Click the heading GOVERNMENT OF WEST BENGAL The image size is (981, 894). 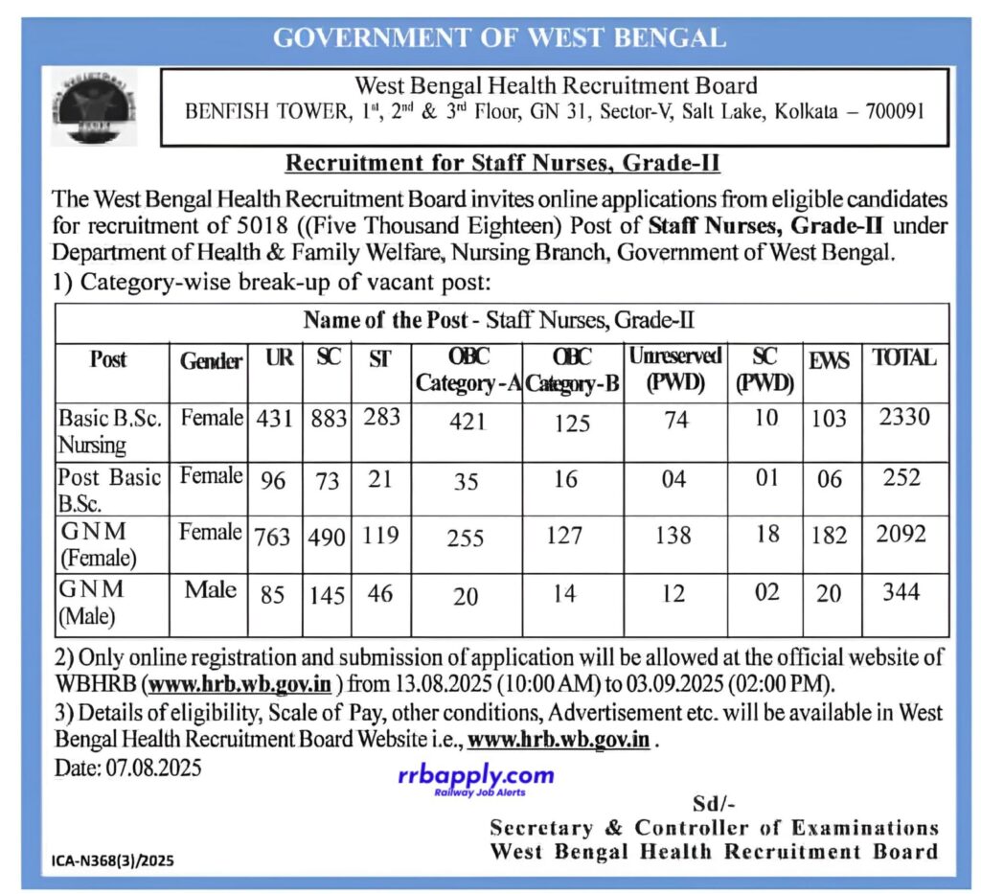pos(499,38)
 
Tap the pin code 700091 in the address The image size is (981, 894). pos(890,112)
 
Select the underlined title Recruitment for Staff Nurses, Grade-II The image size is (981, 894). pos(502,164)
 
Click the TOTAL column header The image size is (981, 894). pos(903,357)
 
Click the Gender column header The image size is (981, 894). pos(211,361)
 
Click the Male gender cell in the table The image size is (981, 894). pos(211,588)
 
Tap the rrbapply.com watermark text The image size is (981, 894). pos(475,775)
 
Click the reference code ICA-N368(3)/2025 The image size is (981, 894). pos(113,860)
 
